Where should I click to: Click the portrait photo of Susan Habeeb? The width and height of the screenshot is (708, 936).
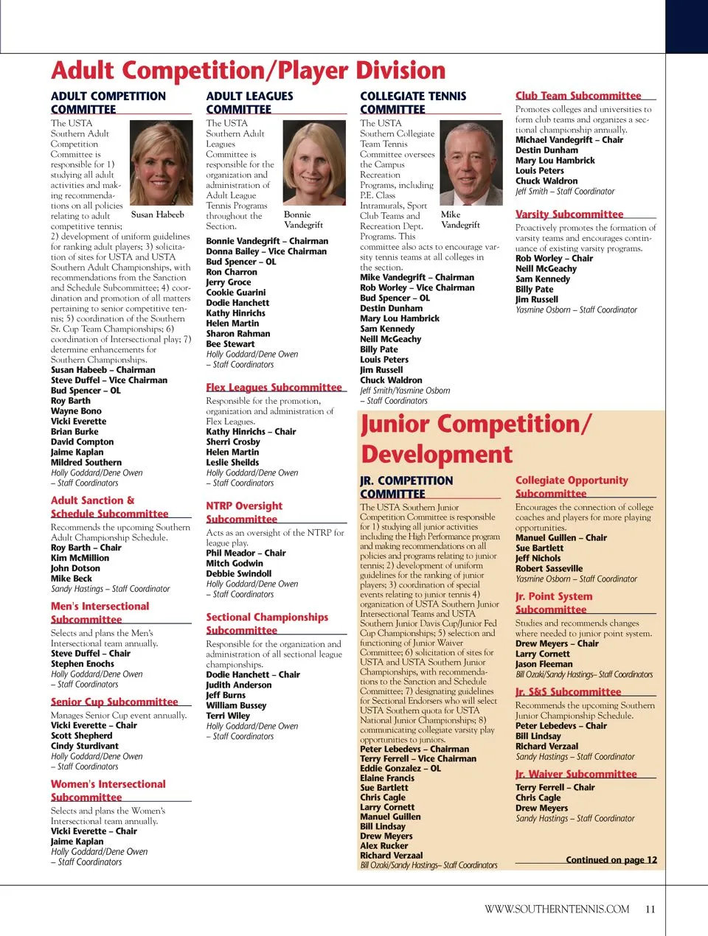(161, 163)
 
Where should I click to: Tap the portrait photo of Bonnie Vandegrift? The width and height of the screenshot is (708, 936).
(314, 163)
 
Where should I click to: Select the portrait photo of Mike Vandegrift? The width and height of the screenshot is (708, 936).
(470, 163)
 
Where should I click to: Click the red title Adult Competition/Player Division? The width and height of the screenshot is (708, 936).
(249, 71)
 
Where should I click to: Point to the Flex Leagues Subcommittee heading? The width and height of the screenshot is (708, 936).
(274, 387)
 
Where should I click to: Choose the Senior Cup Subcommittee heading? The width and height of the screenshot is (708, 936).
(114, 702)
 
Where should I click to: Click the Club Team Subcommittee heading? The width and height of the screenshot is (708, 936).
(578, 96)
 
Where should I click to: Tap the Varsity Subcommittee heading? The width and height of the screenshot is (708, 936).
(569, 214)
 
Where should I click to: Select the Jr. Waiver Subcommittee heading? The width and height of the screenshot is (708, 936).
(576, 774)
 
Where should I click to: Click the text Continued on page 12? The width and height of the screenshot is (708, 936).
(611, 859)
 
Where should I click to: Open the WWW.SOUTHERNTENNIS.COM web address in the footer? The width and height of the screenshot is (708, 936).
(557, 909)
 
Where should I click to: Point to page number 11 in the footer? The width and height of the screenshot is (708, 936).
(650, 909)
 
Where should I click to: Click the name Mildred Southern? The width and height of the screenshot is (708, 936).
(86, 462)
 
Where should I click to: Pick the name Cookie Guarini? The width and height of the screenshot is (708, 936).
(236, 293)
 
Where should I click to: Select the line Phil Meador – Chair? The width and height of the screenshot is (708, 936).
(246, 553)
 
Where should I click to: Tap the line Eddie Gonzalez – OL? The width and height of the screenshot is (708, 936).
(400, 768)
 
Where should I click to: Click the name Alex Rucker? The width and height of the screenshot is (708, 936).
(384, 845)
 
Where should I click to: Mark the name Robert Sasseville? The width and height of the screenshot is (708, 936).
(549, 568)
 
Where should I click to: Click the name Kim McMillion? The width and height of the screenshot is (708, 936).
(80, 558)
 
